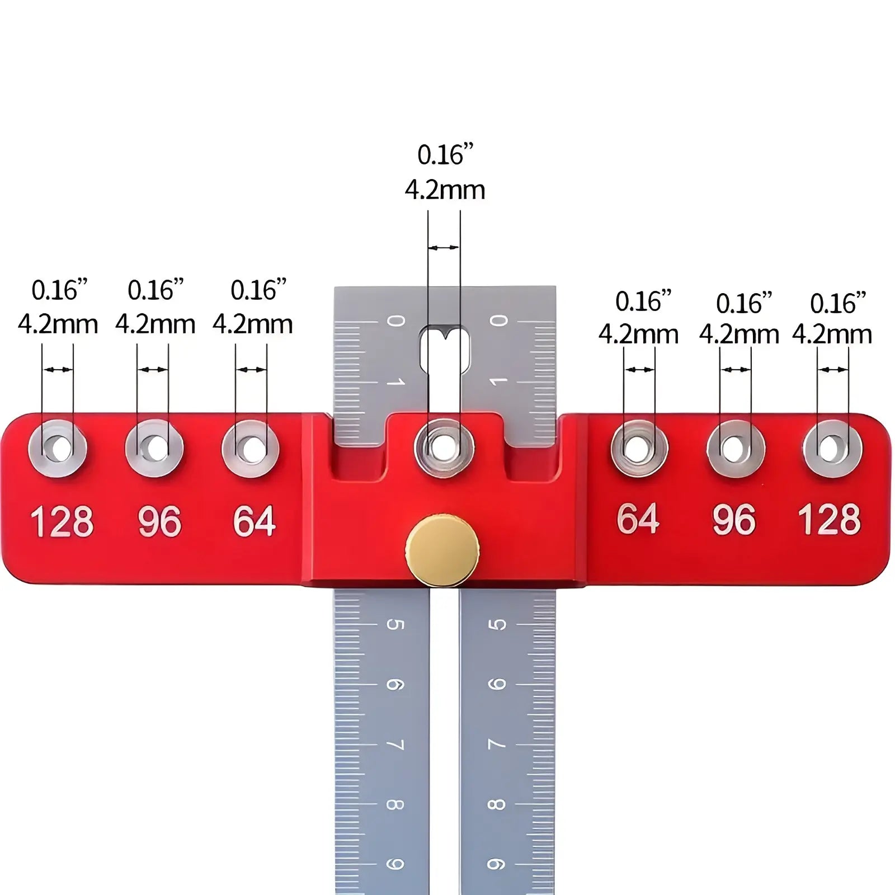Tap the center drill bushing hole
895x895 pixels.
click(444, 448)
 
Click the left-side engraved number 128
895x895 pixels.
click(62, 522)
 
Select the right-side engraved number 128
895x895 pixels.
click(829, 519)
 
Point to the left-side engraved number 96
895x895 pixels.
click(159, 522)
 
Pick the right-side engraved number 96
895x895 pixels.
click(734, 519)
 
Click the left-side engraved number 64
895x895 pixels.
click(254, 522)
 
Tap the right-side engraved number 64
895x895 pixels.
click(638, 519)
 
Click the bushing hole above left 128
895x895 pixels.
click(58, 448)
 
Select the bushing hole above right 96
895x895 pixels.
click(734, 449)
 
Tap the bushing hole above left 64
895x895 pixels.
click(251, 448)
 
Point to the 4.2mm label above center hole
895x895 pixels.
click(445, 190)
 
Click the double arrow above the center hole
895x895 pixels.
click(444, 247)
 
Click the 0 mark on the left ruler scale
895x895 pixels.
click(396, 321)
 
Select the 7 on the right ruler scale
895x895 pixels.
click(497, 745)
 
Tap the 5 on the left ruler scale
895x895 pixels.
click(395, 624)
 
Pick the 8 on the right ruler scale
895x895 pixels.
click(497, 804)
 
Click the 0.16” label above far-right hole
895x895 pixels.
click(837, 304)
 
